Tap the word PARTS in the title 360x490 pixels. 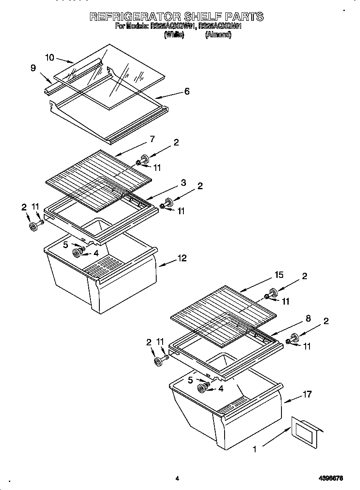click(244, 17)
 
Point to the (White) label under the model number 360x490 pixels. click(174, 36)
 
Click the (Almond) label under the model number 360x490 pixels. click(218, 36)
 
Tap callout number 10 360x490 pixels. click(50, 57)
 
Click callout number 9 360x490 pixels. click(33, 68)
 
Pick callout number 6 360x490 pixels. click(187, 91)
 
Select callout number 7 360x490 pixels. click(152, 139)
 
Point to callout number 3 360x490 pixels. click(183, 183)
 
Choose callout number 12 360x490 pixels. click(182, 258)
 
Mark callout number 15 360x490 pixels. click(278, 275)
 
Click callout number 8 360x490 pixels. click(308, 318)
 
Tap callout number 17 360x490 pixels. click(307, 395)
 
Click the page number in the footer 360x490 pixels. click(177, 479)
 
